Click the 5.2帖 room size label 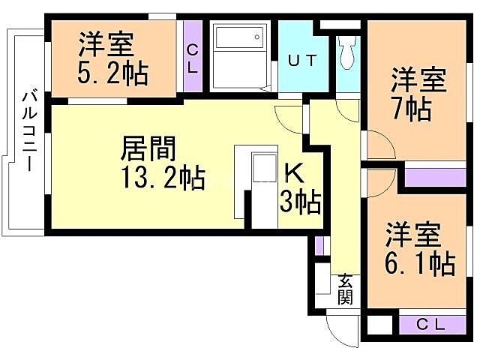(x=112, y=73)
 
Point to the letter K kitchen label (x=293, y=173)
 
